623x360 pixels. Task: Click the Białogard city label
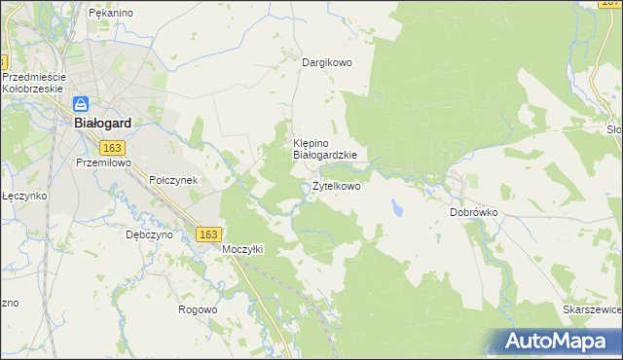tap(103, 124)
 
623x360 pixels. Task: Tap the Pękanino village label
tap(110, 14)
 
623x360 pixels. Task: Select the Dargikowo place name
tap(326, 62)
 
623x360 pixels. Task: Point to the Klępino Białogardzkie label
tap(325, 148)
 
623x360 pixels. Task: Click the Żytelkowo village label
tap(336, 186)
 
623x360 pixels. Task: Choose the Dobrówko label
tap(474, 211)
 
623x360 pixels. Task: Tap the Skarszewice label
tap(592, 309)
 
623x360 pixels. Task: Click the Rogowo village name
tap(198, 309)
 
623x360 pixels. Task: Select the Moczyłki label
tap(242, 249)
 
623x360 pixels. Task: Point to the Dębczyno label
tap(149, 234)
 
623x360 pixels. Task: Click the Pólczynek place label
tap(173, 180)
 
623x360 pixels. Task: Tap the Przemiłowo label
tap(103, 163)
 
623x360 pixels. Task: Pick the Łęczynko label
tap(23, 196)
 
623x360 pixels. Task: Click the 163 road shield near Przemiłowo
tap(112, 146)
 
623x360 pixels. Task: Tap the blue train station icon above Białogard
tap(83, 103)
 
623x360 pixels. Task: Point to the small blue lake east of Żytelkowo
tap(397, 208)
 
